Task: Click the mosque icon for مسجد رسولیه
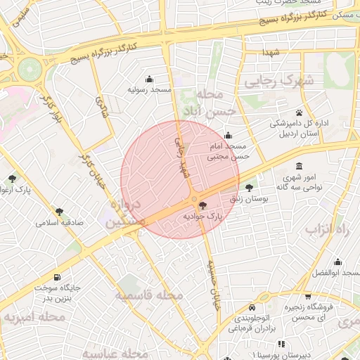pos(149,79)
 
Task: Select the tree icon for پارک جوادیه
pos(203,205)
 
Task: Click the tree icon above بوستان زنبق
pos(250,187)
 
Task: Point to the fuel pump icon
pos(56,276)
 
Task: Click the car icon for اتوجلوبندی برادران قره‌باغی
pos(251,308)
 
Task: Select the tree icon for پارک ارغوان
pos(12,179)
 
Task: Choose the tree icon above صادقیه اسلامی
pos(61,210)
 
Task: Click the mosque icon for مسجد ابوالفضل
pos(337,262)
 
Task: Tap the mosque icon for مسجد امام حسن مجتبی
pos(227,136)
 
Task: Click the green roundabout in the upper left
pos(30,69)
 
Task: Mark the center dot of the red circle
pos(194,200)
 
